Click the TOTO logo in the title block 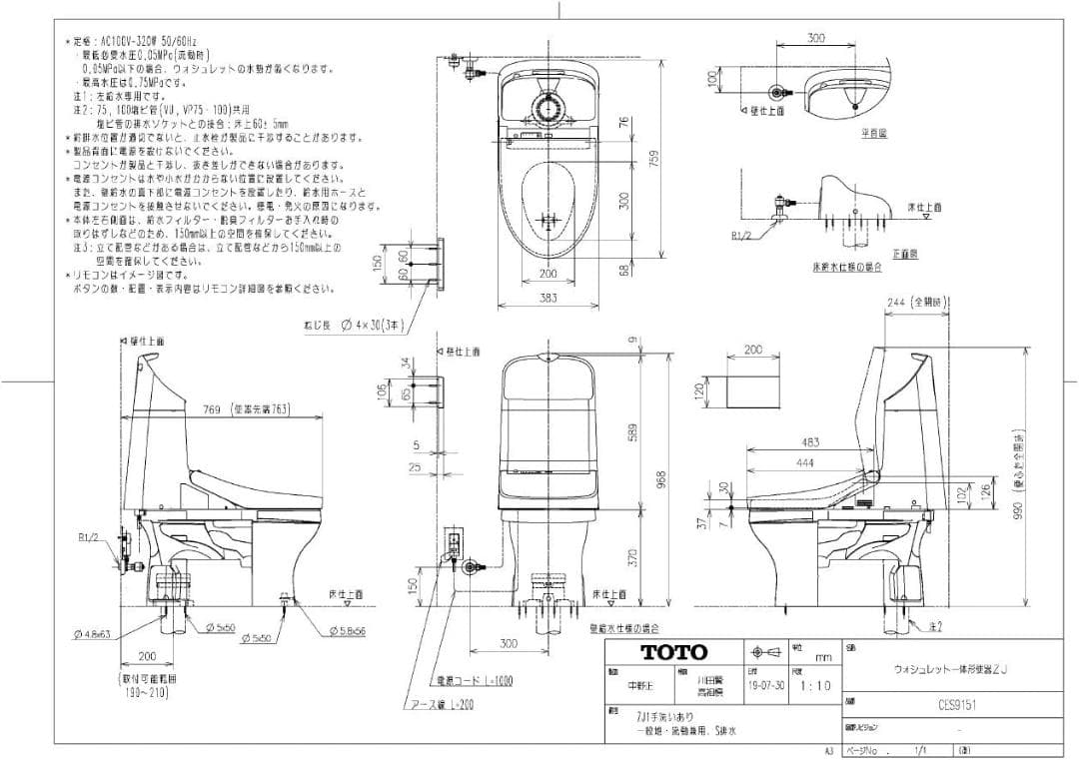[x=672, y=653]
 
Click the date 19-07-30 [x=765, y=686]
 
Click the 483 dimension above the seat [x=809, y=442]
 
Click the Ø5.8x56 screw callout [x=347, y=631]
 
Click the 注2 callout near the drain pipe [x=935, y=626]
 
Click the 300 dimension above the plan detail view [x=816, y=39]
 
